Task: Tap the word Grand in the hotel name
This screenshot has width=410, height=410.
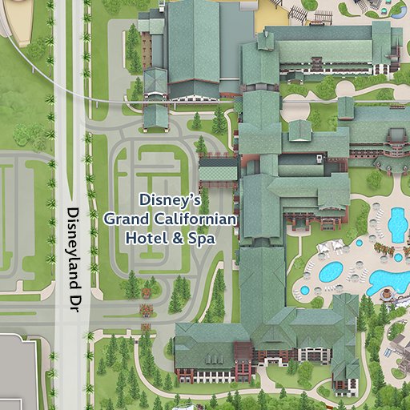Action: click(x=123, y=218)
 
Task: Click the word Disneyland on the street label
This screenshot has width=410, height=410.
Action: click(x=73, y=239)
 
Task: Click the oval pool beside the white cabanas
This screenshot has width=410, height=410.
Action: click(x=330, y=271)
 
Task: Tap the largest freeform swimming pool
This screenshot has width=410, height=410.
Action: click(x=388, y=279)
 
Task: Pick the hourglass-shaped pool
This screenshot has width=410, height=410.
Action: click(x=396, y=223)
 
